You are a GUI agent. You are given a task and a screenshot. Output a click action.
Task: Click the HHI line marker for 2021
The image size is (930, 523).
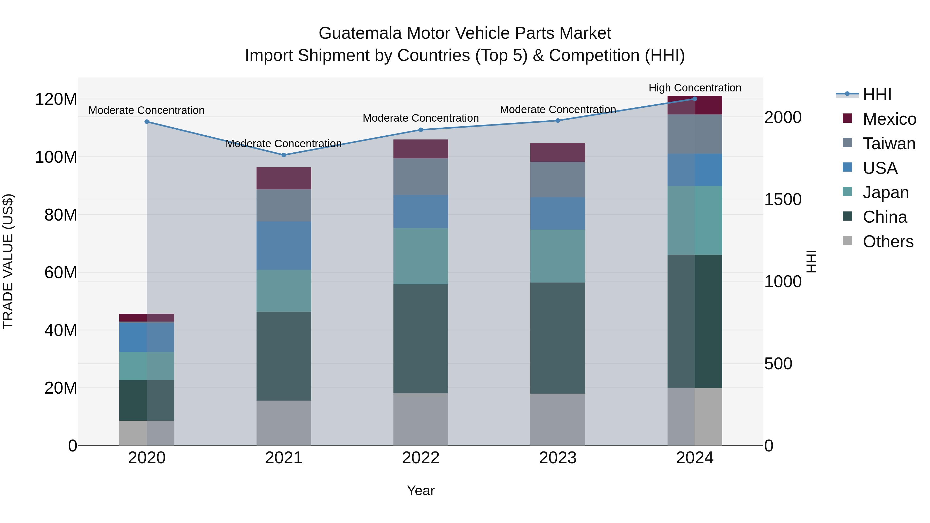point(283,155)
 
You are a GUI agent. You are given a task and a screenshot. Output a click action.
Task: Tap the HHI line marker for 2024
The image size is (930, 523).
point(695,99)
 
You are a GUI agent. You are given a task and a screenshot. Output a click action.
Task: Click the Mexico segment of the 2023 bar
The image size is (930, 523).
point(557,152)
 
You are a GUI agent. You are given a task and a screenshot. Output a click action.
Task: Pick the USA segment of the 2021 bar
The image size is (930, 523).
point(283,245)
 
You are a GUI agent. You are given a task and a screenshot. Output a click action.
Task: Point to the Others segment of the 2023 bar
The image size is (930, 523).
point(557,419)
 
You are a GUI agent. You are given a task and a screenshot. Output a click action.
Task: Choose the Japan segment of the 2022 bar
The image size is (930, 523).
point(421,256)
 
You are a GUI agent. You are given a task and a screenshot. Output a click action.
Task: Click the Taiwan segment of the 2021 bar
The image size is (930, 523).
point(283,205)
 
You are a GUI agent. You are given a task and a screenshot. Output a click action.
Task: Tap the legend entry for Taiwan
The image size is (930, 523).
point(889,144)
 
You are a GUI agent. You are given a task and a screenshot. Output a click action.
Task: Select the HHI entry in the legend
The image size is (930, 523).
point(877,95)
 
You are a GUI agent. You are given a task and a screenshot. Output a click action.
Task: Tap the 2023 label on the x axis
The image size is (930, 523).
point(557,458)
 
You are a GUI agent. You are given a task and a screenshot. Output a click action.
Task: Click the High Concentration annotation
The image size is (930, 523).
point(695,88)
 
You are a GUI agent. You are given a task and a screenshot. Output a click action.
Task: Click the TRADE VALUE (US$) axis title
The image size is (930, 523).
point(8,261)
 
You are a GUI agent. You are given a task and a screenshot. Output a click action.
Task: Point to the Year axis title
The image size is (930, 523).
point(421,490)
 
